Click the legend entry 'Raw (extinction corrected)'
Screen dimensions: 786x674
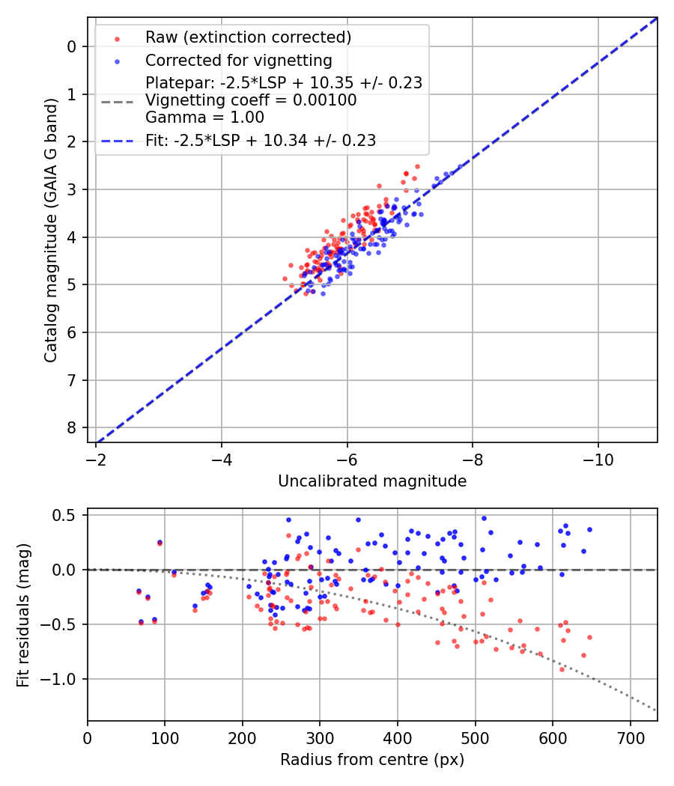[248, 37]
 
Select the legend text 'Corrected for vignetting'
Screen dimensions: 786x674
[239, 60]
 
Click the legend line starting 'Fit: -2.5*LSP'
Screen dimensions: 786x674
[261, 140]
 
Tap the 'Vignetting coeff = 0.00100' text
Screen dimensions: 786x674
[251, 100]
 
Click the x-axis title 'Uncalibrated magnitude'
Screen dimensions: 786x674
[372, 481]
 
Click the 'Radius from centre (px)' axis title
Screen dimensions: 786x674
[372, 760]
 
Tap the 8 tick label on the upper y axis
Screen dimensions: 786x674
[72, 427]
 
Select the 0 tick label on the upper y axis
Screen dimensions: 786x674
[72, 46]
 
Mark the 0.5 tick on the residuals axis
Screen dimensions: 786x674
[67, 515]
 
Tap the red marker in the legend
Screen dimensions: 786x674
[117, 37]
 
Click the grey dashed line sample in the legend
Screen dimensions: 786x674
[117, 100]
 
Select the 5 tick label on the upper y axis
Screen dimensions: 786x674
[72, 284]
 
